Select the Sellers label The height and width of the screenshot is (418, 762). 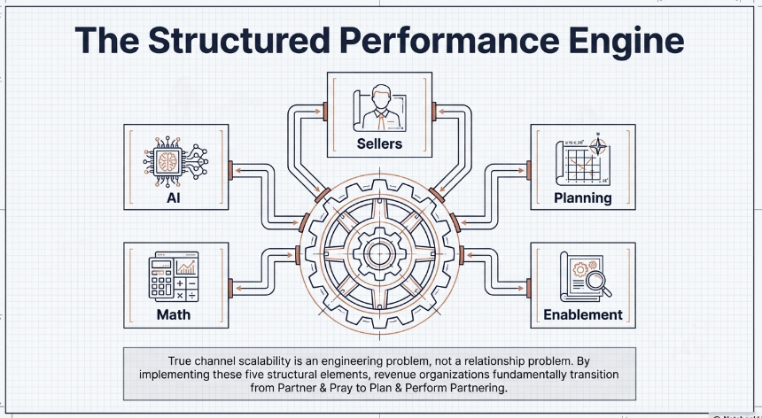(379, 143)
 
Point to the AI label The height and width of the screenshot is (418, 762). (173, 198)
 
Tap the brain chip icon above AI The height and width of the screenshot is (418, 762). (173, 162)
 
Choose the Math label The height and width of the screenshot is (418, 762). (174, 314)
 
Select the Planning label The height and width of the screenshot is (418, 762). (582, 197)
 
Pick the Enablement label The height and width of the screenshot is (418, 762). (582, 314)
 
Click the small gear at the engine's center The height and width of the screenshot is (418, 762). (380, 253)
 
